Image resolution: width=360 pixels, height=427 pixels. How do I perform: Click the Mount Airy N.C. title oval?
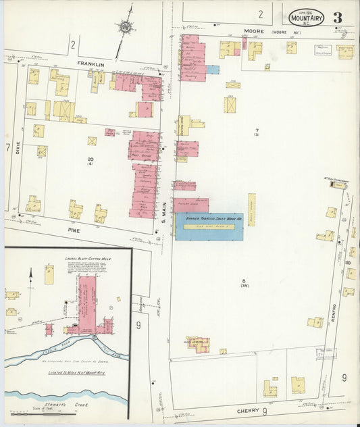(306, 17)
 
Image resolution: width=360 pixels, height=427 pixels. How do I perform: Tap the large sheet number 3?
(336, 18)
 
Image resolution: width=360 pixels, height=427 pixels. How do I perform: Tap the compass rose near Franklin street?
(125, 28)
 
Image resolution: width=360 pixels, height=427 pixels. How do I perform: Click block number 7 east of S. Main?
(257, 129)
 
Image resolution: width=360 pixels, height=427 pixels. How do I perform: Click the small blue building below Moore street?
(213, 70)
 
